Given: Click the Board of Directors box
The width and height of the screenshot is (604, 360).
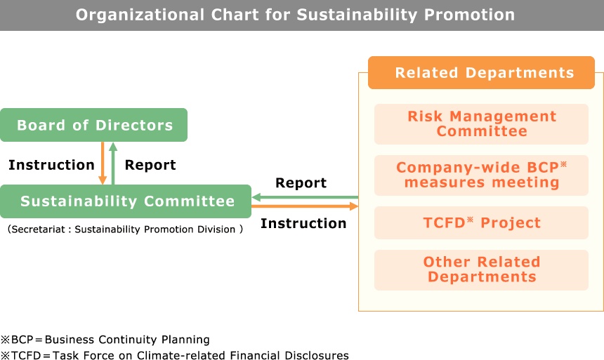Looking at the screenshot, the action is coord(93,125).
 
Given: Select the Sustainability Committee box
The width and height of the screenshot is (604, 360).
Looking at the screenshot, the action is coord(126,201).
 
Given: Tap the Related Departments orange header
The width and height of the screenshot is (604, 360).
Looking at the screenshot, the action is coord(481,73).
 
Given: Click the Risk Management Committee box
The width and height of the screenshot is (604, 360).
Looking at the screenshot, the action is coord(481,124).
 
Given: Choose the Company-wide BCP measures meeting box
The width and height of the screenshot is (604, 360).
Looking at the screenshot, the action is coord(481,175).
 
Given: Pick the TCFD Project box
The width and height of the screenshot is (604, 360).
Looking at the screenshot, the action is coord(481,222).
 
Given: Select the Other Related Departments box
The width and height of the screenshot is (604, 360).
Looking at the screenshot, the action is coord(481,270).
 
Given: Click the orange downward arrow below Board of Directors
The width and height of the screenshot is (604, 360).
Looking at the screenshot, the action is coord(103,164).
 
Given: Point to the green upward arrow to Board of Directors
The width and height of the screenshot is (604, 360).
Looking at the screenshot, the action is coord(113,164).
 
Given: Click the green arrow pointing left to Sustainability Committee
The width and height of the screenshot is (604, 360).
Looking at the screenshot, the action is coord(305,197).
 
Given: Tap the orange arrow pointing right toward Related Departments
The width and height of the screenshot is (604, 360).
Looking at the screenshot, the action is coord(305,206).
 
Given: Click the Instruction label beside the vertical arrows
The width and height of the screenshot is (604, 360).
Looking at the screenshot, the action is coord(51,165).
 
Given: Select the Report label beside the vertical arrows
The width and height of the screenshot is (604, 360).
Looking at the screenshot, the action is coord(150,165).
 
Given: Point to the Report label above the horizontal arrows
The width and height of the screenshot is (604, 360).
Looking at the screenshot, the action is coord(301,183).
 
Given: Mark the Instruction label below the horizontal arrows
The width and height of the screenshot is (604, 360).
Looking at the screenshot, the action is coord(303,223).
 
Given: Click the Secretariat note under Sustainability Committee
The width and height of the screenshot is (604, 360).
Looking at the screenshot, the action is coord(125,229).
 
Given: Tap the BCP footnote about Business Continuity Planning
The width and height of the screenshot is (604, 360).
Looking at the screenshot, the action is coord(105,340).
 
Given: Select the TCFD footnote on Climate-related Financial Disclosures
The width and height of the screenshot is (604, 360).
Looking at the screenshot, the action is coord(174,355).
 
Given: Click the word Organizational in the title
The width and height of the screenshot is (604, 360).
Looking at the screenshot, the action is coord(140,15).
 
